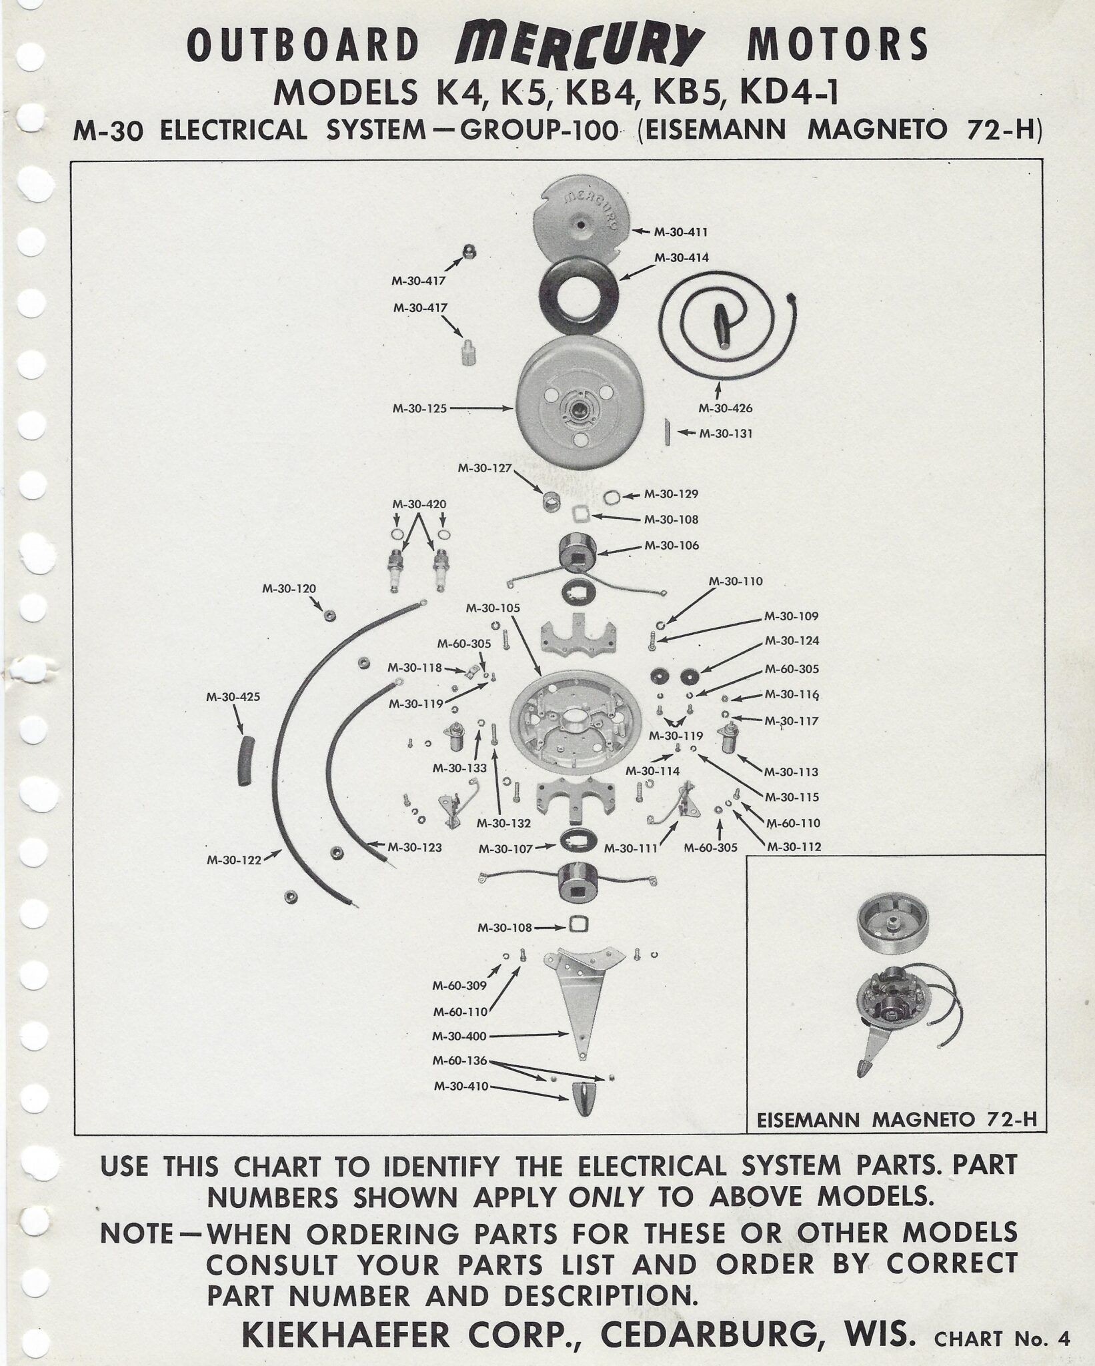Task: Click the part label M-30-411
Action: [x=680, y=232]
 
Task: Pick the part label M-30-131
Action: [x=726, y=434]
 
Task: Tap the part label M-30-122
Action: [x=233, y=860]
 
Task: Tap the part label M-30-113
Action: [x=791, y=772]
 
